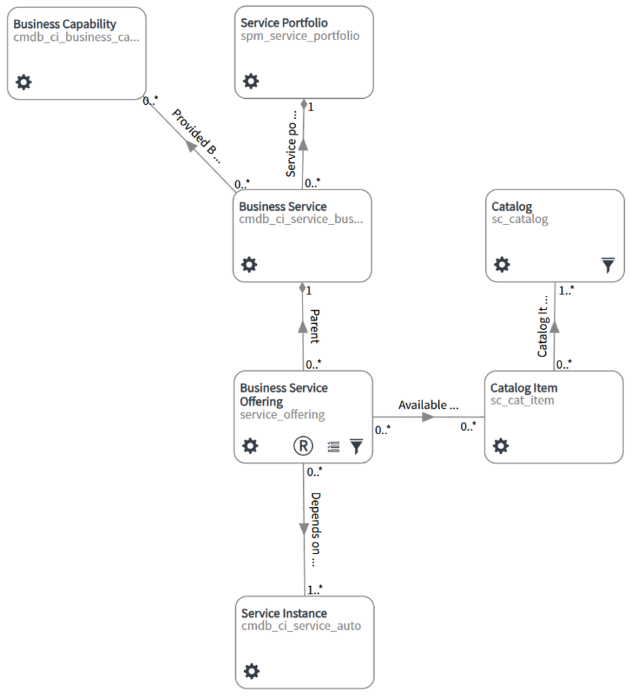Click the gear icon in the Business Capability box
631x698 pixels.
pyautogui.click(x=23, y=82)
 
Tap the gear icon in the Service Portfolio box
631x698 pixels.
pyautogui.click(x=251, y=82)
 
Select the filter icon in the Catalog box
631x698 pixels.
pyautogui.click(x=608, y=265)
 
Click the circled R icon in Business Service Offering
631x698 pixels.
pyautogui.click(x=303, y=446)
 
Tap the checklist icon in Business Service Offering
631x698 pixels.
pyautogui.click(x=333, y=446)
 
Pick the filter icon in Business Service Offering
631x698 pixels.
pyautogui.click(x=356, y=446)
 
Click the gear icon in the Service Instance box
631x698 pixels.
pyautogui.click(x=251, y=671)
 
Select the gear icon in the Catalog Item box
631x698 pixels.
pyautogui.click(x=501, y=446)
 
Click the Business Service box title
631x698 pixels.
pyautogui.click(x=282, y=207)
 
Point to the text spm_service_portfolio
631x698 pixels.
pyautogui.click(x=299, y=36)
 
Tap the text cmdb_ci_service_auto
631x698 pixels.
pyautogui.click(x=301, y=625)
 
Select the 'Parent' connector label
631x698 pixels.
pyautogui.click(x=314, y=326)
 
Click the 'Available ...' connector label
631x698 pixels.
pyautogui.click(x=428, y=405)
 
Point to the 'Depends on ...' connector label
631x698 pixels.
pyautogui.click(x=313, y=529)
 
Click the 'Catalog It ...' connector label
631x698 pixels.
pyautogui.click(x=543, y=326)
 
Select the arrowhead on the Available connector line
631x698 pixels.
pyautogui.click(x=428, y=417)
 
